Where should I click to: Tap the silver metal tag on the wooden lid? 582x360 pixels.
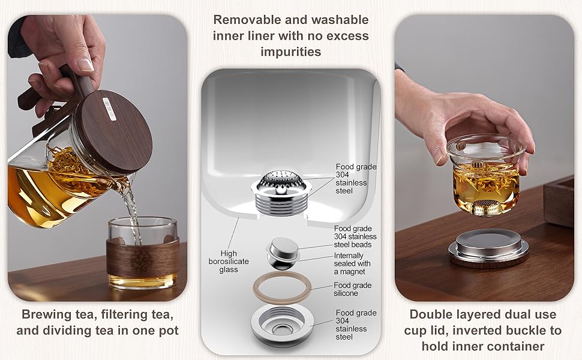click(x=109, y=109)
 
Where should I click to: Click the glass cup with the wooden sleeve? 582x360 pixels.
click(x=143, y=253)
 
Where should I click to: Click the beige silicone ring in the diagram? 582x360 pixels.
click(x=282, y=287)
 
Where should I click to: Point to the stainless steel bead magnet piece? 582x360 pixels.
click(x=283, y=253)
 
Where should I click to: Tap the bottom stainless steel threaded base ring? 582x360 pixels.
click(x=282, y=325)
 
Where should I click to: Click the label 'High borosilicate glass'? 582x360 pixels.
click(x=228, y=261)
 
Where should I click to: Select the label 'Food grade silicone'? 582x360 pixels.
click(x=352, y=289)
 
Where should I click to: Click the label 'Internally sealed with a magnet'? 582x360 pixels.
click(x=352, y=263)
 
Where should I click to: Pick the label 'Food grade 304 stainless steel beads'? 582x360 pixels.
click(x=355, y=236)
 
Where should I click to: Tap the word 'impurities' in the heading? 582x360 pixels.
click(x=290, y=52)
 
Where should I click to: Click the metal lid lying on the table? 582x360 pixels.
click(x=488, y=248)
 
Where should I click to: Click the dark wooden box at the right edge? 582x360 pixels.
click(x=559, y=201)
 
